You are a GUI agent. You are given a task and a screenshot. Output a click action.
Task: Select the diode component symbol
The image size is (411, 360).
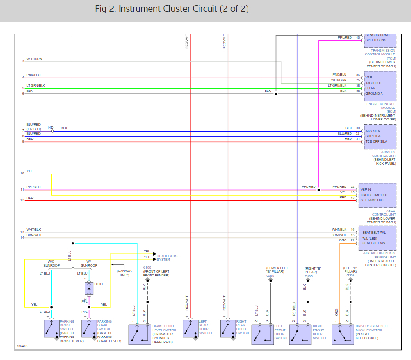pyautogui.click(x=89, y=289)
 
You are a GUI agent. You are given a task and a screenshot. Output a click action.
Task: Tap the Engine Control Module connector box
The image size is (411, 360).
pyautogui.click(x=380, y=85)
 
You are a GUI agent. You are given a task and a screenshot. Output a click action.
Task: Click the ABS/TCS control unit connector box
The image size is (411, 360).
pyautogui.click(x=380, y=136)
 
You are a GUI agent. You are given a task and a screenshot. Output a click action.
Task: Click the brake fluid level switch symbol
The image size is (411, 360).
pyautogui.click(x=139, y=334)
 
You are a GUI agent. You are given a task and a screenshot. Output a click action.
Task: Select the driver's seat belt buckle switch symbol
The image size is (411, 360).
pyautogui.click(x=343, y=335)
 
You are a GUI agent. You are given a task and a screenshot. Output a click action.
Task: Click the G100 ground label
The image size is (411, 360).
pyautogui.click(x=147, y=267)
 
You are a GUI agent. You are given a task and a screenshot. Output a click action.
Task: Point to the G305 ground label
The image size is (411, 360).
pyautogui.click(x=308, y=276)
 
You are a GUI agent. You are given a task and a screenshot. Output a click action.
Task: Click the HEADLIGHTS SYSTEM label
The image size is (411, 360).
pyautogui.click(x=167, y=258)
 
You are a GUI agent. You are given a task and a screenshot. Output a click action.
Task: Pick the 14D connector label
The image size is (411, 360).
pyautogui.click(x=50, y=128)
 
